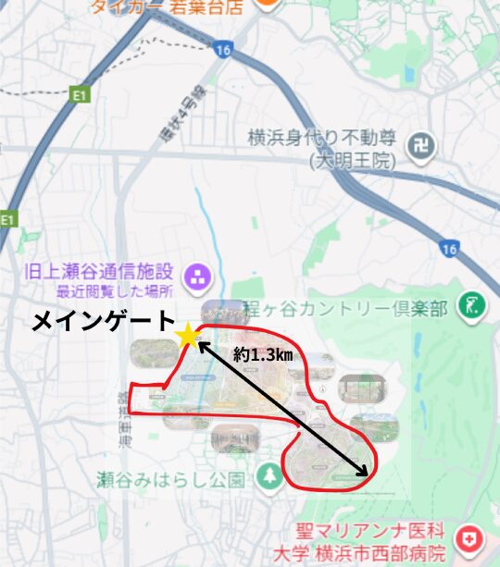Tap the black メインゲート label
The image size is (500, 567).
click(x=103, y=321)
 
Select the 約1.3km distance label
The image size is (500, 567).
click(x=261, y=355)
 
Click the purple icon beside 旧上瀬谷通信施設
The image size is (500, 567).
click(x=197, y=275)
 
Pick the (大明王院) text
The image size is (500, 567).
click(x=352, y=160)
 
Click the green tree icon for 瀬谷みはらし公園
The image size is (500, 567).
click(x=269, y=477)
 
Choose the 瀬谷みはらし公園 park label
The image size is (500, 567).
click(x=172, y=480)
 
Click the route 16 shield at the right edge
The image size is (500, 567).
click(x=451, y=248)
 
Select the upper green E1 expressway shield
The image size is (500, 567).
click(x=81, y=93)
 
